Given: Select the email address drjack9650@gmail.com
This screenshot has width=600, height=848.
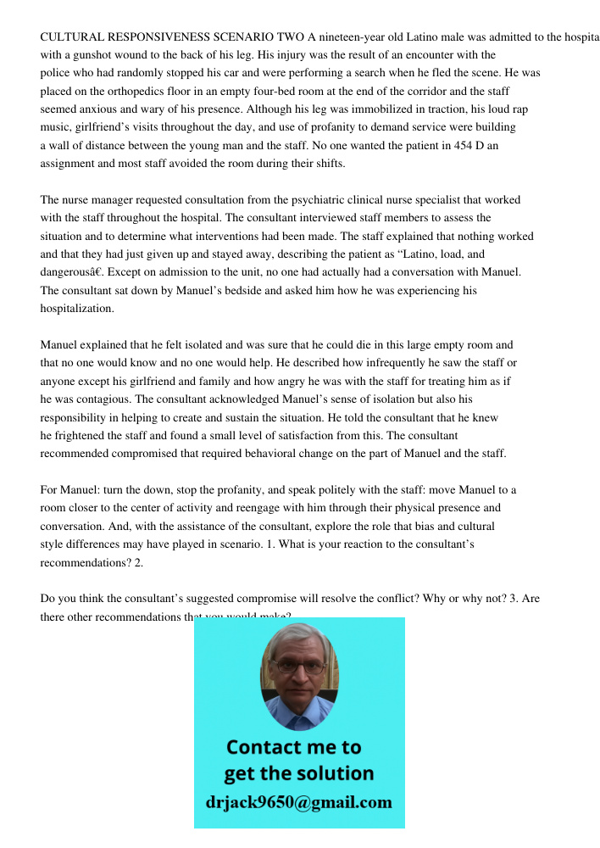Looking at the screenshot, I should point(299,802).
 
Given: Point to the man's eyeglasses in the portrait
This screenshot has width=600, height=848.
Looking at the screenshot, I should point(299,667).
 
